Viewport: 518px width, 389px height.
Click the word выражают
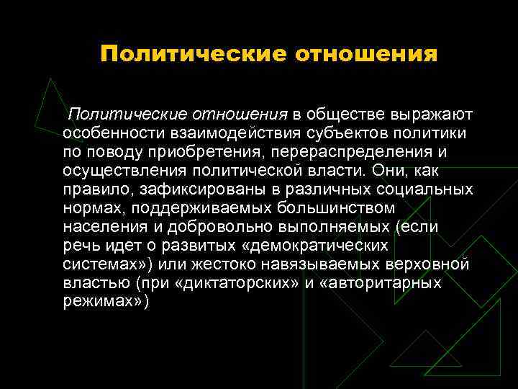[x=432, y=115]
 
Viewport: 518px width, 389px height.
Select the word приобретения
[x=191, y=152]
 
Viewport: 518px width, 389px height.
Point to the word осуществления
[x=124, y=171]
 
